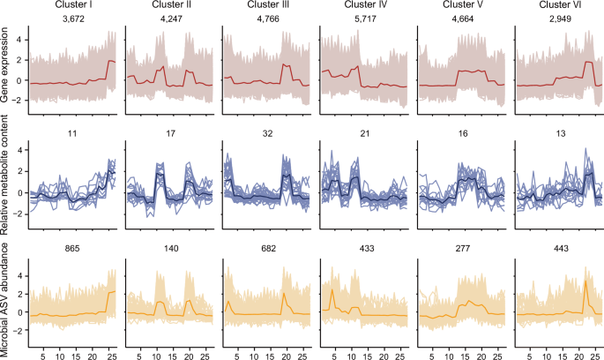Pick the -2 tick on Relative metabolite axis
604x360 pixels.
(17, 214)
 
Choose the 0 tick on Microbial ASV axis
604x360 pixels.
(19, 312)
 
